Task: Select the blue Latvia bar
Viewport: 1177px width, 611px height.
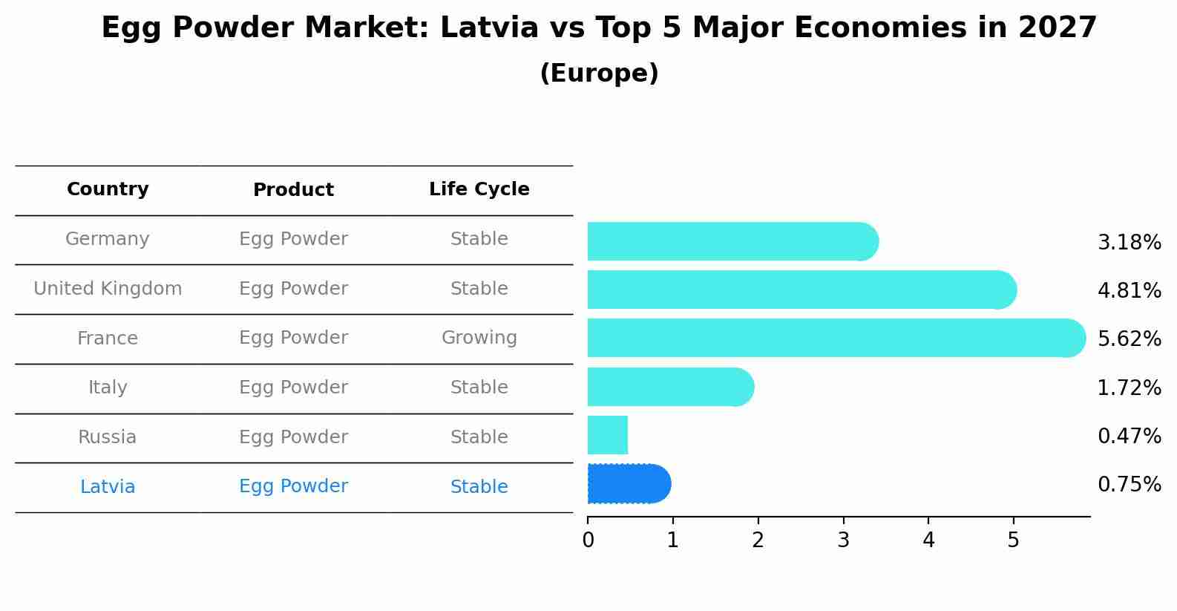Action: click(629, 484)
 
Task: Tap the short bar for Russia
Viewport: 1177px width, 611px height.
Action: click(608, 436)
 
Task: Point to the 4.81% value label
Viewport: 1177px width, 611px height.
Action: click(1129, 290)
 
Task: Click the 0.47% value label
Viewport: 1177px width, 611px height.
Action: click(1129, 436)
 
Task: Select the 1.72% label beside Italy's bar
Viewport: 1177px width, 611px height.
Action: click(1129, 388)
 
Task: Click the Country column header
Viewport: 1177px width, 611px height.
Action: click(108, 189)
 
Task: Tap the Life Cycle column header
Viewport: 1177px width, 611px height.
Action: click(479, 189)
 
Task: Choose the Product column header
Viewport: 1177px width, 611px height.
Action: click(293, 190)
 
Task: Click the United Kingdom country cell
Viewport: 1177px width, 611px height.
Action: click(108, 289)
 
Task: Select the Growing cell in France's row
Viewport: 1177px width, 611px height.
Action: click(479, 338)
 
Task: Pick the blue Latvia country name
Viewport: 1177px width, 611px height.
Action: click(108, 487)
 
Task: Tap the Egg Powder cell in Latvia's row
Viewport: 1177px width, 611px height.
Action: click(293, 486)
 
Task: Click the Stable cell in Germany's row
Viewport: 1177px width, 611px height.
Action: click(479, 239)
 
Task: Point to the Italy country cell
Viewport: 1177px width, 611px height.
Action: click(108, 388)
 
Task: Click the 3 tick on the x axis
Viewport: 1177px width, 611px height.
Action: click(843, 540)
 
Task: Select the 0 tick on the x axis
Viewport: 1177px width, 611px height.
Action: click(588, 540)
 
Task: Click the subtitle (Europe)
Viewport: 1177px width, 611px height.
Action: click(599, 73)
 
